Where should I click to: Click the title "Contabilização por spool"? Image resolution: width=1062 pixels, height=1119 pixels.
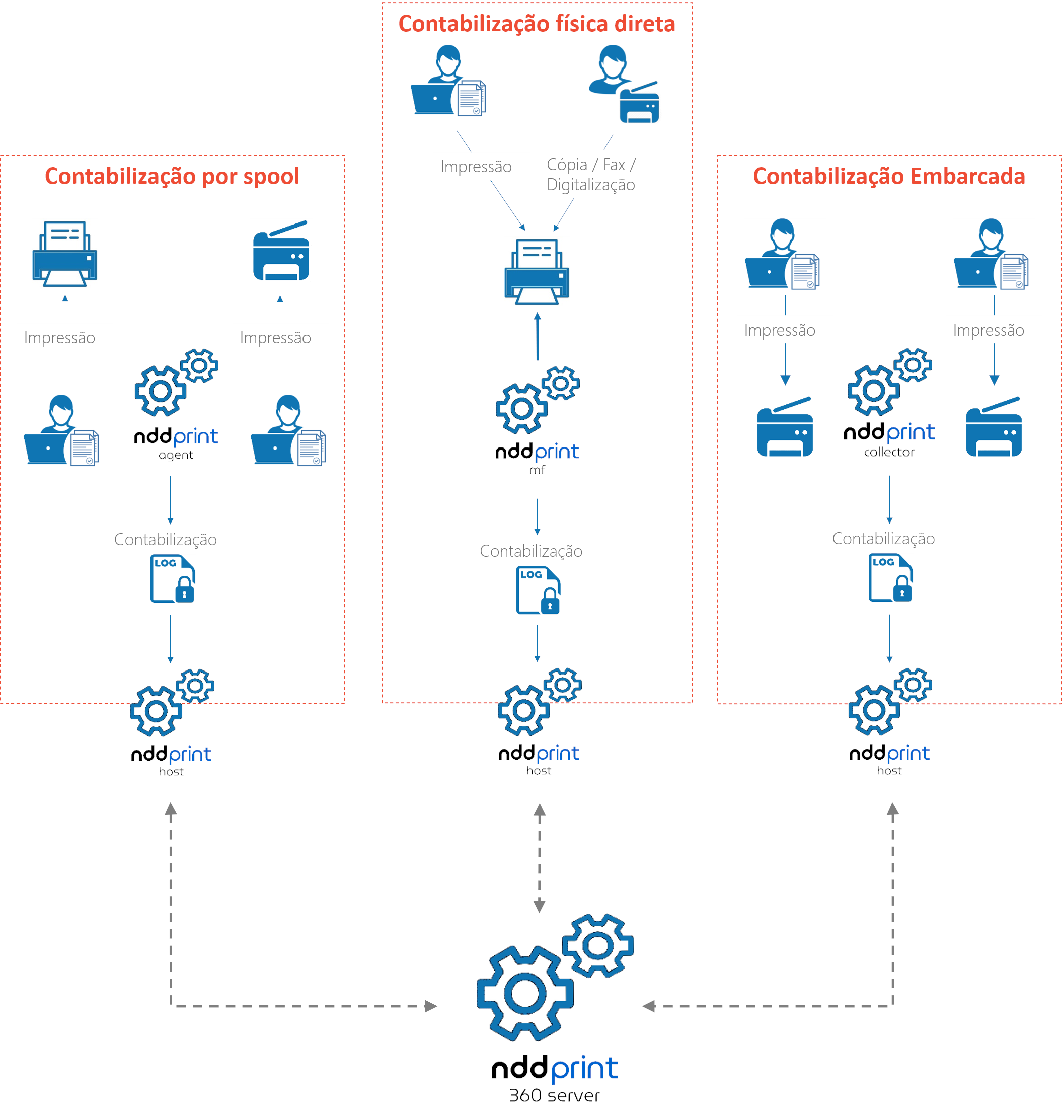click(x=172, y=176)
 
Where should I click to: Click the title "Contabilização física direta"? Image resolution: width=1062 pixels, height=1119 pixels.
click(x=537, y=24)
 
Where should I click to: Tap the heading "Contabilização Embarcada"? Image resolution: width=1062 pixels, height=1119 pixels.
click(x=889, y=176)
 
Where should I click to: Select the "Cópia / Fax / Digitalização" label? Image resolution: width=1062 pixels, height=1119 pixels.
click(x=591, y=174)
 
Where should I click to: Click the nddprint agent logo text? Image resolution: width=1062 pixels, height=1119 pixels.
click(x=176, y=437)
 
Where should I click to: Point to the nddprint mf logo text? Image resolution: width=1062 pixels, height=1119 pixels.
click(x=537, y=453)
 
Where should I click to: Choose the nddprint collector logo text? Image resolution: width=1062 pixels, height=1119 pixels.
click(x=889, y=433)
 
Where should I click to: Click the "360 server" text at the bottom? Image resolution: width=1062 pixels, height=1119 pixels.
click(x=554, y=1095)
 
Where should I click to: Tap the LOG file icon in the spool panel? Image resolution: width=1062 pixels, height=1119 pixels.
click(x=173, y=578)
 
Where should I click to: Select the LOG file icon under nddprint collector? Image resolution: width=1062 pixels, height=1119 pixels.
click(x=890, y=578)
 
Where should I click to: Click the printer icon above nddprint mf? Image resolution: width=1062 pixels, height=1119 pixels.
click(x=537, y=271)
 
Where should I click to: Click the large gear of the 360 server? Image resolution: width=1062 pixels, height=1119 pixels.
click(x=525, y=994)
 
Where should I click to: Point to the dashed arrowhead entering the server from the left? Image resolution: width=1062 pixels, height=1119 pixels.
click(x=431, y=1006)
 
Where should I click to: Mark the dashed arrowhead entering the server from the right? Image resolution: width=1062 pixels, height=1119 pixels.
click(x=649, y=1006)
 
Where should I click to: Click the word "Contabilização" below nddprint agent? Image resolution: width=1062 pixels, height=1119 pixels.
click(x=165, y=540)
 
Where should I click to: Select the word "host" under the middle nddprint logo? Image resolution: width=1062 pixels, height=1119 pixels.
click(x=539, y=771)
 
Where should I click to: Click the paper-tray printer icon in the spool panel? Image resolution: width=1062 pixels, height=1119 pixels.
click(x=64, y=254)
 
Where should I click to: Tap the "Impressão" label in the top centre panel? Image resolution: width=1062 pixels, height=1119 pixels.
click(x=476, y=167)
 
